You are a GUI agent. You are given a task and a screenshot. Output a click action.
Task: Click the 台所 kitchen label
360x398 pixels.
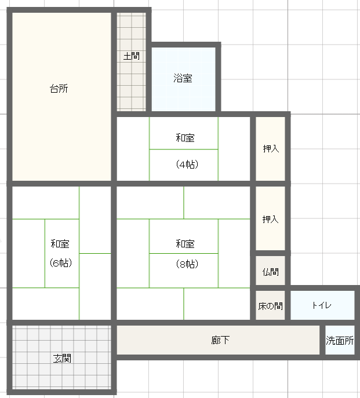click(x=59, y=89)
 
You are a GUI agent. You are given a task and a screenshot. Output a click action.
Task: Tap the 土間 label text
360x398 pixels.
click(x=132, y=56)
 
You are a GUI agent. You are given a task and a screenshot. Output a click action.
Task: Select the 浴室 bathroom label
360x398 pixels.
click(x=183, y=78)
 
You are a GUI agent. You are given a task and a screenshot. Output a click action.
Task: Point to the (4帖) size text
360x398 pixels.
click(x=187, y=165)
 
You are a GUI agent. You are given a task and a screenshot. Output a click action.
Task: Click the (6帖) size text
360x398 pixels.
click(x=61, y=262)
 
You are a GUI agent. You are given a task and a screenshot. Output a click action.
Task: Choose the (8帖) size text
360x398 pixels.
click(x=187, y=264)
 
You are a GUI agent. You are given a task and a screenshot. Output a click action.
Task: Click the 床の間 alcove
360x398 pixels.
click(x=270, y=305)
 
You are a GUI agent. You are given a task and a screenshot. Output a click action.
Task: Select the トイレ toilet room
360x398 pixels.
click(x=322, y=305)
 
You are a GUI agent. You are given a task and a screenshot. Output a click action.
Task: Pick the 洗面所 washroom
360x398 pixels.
click(x=340, y=340)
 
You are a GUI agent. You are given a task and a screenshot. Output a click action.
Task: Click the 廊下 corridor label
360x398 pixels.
click(x=220, y=340)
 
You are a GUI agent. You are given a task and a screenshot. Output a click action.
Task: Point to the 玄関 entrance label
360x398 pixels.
click(x=62, y=359)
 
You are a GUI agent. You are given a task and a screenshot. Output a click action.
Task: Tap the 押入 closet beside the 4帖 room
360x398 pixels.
click(x=270, y=149)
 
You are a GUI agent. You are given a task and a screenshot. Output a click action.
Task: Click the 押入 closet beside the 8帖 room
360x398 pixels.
click(x=270, y=218)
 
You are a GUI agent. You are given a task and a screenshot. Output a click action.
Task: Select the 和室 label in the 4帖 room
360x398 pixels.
click(x=185, y=138)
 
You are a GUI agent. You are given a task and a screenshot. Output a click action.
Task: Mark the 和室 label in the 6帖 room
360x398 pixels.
click(x=60, y=244)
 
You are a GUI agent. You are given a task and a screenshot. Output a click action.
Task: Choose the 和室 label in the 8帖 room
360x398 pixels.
click(x=185, y=244)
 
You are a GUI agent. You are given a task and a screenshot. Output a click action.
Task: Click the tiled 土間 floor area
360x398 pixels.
click(x=132, y=62)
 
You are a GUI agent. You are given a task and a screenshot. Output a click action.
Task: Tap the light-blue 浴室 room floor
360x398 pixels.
click(x=183, y=79)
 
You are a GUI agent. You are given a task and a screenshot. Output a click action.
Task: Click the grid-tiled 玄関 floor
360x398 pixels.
click(x=61, y=357)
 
